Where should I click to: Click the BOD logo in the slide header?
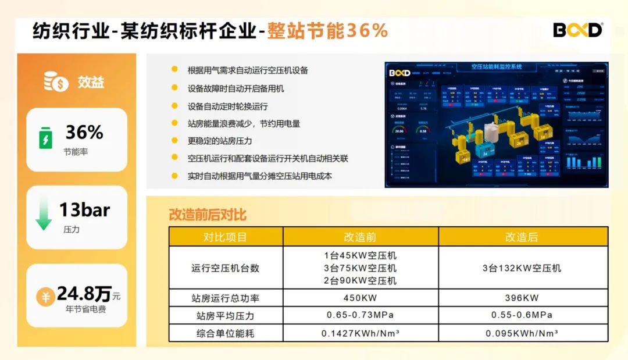click(577, 30)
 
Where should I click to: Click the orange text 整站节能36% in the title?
click(327, 30)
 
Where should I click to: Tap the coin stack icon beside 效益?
click(56, 82)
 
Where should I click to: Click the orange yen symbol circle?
click(45, 297)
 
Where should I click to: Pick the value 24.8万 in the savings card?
click(84, 294)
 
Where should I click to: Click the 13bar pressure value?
click(84, 210)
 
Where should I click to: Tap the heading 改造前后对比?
click(208, 215)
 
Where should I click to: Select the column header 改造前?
click(361, 237)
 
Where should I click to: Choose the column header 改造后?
click(522, 237)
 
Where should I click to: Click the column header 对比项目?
click(225, 237)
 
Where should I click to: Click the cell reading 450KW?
click(361, 298)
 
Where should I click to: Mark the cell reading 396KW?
click(522, 298)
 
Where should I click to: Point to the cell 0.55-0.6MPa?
click(522, 315)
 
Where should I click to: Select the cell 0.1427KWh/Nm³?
click(361, 333)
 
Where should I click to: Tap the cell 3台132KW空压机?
click(522, 268)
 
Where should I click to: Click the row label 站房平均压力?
click(225, 315)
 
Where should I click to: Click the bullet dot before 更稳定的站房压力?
click(174, 140)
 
